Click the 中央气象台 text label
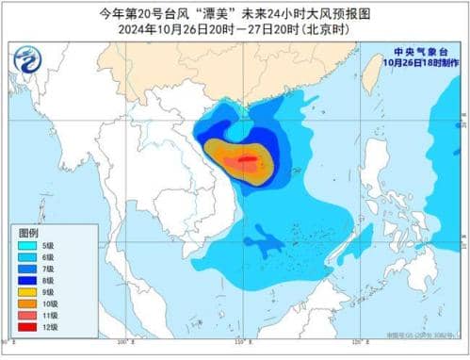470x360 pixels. (x=420, y=51)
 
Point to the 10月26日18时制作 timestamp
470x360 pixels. (x=420, y=62)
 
